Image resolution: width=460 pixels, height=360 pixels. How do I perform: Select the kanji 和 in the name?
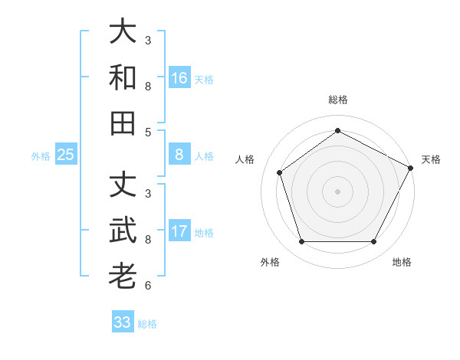tap(123, 77)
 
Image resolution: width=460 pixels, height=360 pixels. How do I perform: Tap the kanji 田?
tap(123, 123)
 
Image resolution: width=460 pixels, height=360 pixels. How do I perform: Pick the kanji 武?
tap(123, 231)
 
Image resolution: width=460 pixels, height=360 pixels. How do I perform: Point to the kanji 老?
tap(123, 277)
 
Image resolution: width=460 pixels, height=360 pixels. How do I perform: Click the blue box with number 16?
tap(179, 78)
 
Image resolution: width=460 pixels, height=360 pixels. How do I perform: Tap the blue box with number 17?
tap(179, 232)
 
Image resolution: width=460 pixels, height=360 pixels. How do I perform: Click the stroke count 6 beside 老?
tap(148, 286)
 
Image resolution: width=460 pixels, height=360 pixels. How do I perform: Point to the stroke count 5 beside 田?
tap(148, 132)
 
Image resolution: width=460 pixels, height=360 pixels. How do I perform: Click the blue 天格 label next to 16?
tap(204, 79)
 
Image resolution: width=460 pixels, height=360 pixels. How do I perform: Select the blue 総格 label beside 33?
tap(147, 323)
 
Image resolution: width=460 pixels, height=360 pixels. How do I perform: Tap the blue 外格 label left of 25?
tap(41, 156)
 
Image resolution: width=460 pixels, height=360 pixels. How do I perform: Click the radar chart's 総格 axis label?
tap(337, 100)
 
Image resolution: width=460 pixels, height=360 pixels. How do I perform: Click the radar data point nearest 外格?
tap(301, 242)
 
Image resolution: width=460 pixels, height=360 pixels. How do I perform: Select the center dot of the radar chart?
tap(337, 191)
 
